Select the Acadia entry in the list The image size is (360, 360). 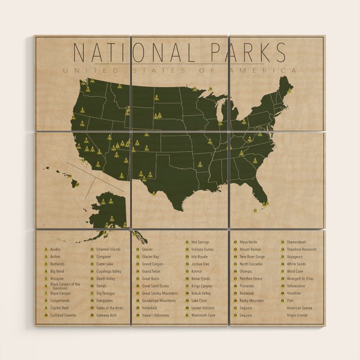tap(55, 249)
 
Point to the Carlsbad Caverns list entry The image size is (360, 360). tap(63, 315)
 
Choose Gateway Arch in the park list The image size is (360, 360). tap(106, 315)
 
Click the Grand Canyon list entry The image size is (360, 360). tap(152, 264)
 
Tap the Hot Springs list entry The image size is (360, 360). tap(200, 242)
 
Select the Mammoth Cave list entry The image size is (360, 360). tap(203, 315)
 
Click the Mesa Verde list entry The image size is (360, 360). tap(248, 242)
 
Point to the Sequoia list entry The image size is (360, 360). tap(246, 315)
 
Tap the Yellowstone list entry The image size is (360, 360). tap(296, 286)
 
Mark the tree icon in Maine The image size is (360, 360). tap(290, 91)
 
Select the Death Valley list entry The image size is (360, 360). tap(106, 279)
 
